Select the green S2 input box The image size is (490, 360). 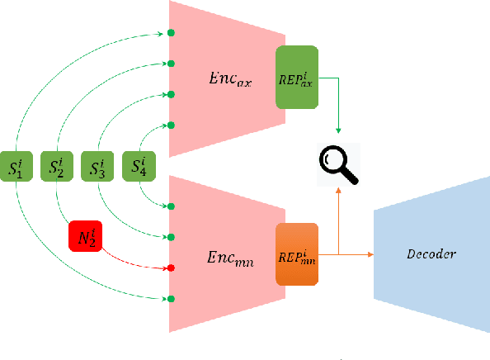point(56,167)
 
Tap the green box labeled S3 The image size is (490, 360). point(97,167)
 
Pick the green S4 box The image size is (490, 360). point(138,167)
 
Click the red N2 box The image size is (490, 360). point(83,239)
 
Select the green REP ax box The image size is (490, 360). point(297,77)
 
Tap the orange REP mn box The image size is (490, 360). point(297,253)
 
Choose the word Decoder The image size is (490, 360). point(430,254)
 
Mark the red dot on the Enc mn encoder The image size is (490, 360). point(171,268)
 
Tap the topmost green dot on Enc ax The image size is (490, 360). point(171,33)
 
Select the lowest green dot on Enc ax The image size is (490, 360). point(171,126)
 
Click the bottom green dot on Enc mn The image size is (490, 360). point(171,298)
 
